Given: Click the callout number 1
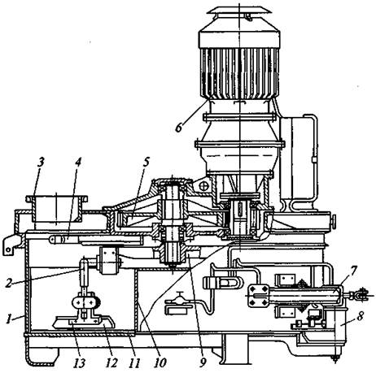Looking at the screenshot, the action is pyautogui.click(x=10, y=319).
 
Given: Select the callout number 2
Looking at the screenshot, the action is pyautogui.click(x=10, y=283).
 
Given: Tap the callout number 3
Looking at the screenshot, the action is pyautogui.click(x=41, y=163).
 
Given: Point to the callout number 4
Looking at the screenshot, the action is pyautogui.click(x=78, y=163).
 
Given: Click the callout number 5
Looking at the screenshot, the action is pyautogui.click(x=146, y=162).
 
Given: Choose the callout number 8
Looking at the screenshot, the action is pyautogui.click(x=360, y=316).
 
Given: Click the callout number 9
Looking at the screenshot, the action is pyautogui.click(x=203, y=362).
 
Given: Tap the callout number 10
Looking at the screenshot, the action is pyautogui.click(x=160, y=362).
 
